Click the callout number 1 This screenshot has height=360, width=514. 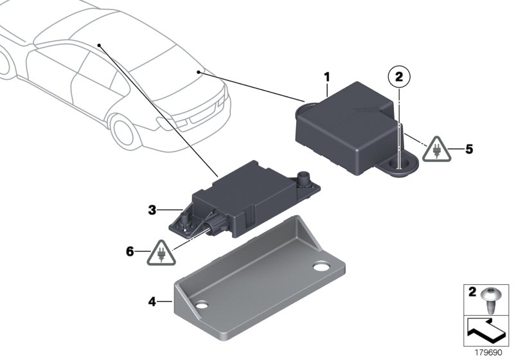[326, 78]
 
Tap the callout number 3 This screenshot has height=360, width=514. [152, 210]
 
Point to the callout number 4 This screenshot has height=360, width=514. [152, 300]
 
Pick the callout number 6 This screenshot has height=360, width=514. [130, 252]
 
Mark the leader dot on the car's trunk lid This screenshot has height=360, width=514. [199, 73]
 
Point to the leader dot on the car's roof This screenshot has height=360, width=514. [100, 45]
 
